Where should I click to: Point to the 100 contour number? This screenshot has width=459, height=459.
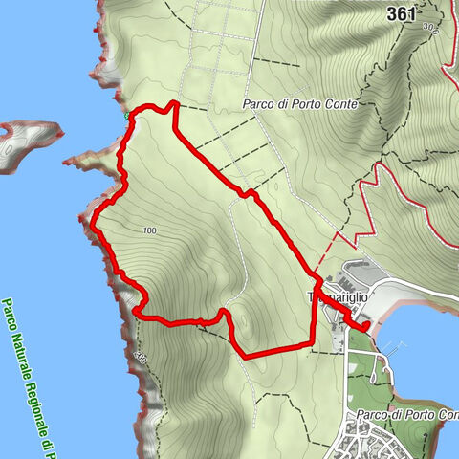[148, 230]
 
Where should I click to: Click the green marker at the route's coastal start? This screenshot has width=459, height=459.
[127, 116]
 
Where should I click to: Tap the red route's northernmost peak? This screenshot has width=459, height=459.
[173, 102]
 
